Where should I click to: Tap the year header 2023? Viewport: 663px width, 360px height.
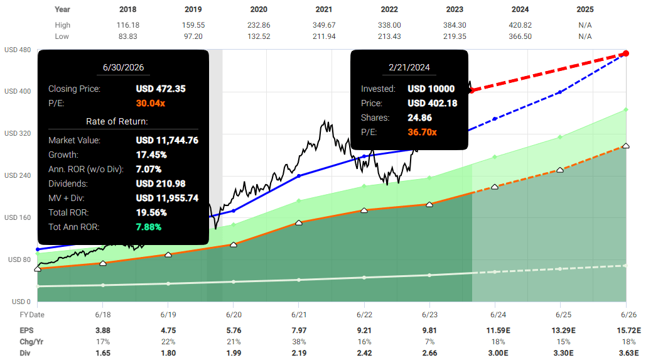click(455, 9)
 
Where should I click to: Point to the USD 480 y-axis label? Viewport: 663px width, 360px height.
click(18, 50)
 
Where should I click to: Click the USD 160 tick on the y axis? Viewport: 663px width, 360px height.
click(18, 217)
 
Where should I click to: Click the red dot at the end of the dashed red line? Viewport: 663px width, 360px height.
click(626, 53)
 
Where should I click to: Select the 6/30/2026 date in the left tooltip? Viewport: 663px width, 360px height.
click(123, 67)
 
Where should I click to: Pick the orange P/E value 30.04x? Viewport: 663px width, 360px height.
click(151, 103)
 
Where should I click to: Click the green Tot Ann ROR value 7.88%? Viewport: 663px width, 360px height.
click(149, 226)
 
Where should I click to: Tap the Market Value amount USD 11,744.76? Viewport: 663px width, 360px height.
click(167, 140)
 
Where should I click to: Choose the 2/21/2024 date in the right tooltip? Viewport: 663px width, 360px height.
click(409, 67)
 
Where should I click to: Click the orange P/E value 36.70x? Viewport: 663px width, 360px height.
click(422, 132)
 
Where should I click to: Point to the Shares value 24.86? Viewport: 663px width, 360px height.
click(420, 117)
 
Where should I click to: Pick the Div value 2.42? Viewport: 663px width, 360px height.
click(364, 352)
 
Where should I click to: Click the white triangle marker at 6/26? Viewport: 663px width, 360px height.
click(626, 146)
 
